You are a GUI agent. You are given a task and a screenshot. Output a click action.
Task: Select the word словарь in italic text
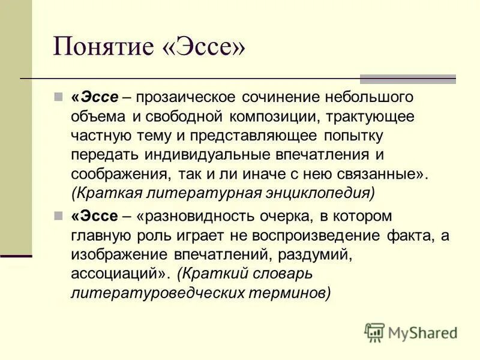coord(279,273)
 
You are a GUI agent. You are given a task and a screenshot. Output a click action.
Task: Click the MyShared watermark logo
coord(410,332)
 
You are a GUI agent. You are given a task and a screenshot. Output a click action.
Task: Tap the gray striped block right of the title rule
coord(407,79)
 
